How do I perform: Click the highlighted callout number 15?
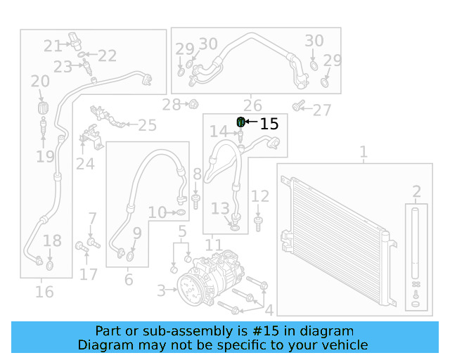[269, 124]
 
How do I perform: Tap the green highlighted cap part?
[241, 122]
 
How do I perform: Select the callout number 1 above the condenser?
[364, 151]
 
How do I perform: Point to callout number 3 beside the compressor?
[161, 290]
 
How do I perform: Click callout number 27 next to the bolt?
[321, 110]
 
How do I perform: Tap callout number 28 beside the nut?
[171, 105]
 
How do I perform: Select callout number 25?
[147, 126]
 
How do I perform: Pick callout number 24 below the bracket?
[85, 164]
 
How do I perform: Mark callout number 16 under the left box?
[44, 290]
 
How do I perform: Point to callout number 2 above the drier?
[416, 191]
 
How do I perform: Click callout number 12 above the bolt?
[260, 196]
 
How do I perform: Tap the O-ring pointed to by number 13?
[235, 227]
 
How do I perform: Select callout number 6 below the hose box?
[128, 279]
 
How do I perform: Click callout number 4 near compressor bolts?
[269, 309]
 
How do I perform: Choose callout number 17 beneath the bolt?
[88, 274]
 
